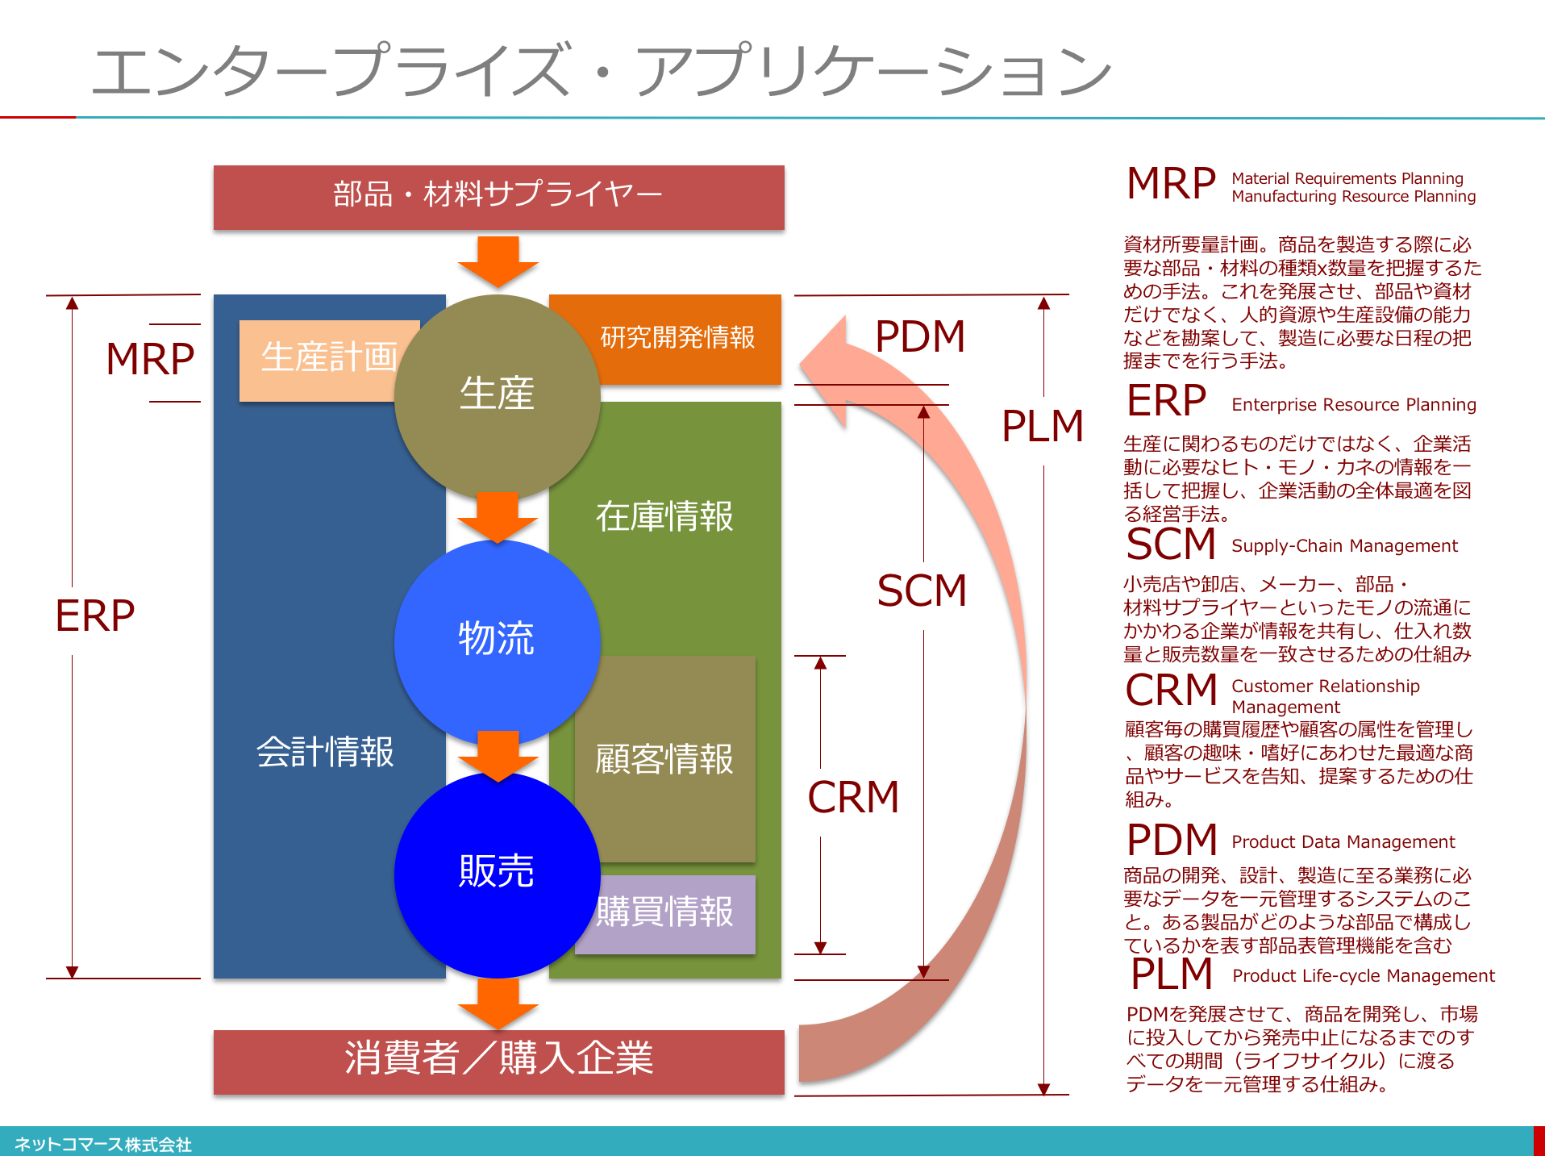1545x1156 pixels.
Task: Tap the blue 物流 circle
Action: (497, 642)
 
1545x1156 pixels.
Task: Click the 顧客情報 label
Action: (664, 759)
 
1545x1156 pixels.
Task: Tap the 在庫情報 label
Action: (664, 516)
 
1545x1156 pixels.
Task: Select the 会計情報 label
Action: (325, 752)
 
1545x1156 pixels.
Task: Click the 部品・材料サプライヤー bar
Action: (498, 198)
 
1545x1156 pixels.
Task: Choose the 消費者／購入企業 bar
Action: (498, 1062)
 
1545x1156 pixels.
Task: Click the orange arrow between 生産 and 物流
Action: (498, 517)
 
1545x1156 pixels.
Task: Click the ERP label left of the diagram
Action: (95, 616)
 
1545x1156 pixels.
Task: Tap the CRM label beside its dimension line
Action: (853, 797)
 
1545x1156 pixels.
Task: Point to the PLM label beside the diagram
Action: (1043, 426)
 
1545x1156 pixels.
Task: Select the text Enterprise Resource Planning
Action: (1354, 405)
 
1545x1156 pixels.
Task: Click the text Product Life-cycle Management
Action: (1364, 976)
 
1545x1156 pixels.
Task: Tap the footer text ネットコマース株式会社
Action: (103, 1144)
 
